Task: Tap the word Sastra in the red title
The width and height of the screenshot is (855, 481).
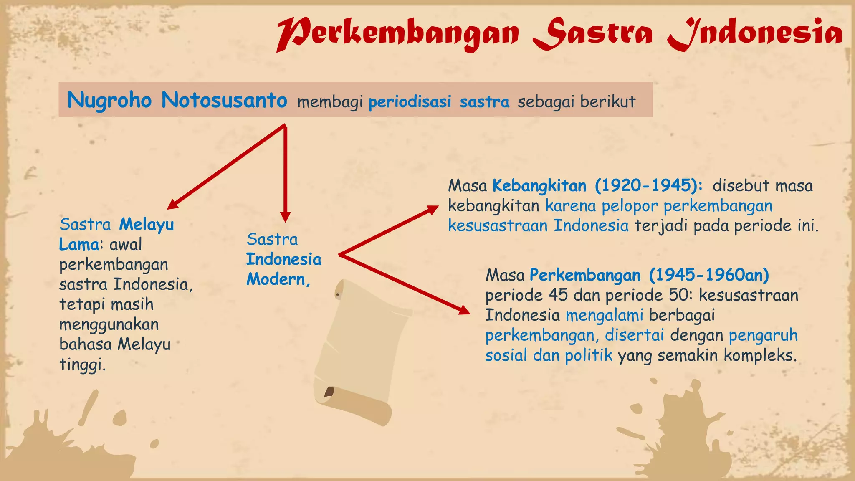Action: pyautogui.click(x=593, y=33)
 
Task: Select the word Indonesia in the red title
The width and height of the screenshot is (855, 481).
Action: pyautogui.click(x=756, y=33)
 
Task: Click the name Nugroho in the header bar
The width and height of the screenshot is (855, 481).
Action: pyautogui.click(x=109, y=101)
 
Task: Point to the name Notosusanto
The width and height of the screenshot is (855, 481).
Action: pyautogui.click(x=224, y=101)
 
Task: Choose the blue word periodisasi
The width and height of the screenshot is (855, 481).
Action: pyautogui.click(x=410, y=101)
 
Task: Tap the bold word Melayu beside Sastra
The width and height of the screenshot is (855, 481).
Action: pyautogui.click(x=146, y=225)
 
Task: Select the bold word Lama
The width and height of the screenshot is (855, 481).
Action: pyautogui.click(x=79, y=245)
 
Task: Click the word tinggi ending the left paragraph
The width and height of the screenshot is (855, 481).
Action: pyautogui.click(x=82, y=365)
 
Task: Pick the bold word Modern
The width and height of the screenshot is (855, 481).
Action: pyautogui.click(x=278, y=279)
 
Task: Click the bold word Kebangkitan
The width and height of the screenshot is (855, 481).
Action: pyautogui.click(x=539, y=186)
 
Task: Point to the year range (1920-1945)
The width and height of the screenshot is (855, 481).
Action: pyautogui.click(x=648, y=186)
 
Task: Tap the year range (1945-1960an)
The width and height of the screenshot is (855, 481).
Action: pyautogui.click(x=709, y=275)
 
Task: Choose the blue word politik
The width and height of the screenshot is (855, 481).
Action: pyautogui.click(x=589, y=355)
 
